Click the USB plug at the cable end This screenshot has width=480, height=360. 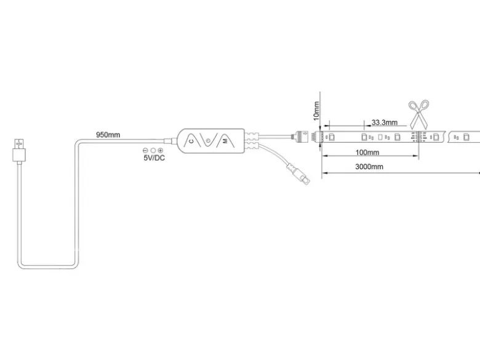pyautogui.click(x=19, y=151)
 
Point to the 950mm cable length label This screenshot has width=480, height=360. pyautogui.click(x=108, y=135)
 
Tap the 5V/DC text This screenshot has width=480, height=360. pyautogui.click(x=154, y=158)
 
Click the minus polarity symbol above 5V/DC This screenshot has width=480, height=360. pyautogui.click(x=145, y=150)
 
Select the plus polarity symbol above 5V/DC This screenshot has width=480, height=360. pyautogui.click(x=160, y=150)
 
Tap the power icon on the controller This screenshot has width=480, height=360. pyautogui.click(x=208, y=141)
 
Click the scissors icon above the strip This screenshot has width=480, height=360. pyautogui.click(x=419, y=114)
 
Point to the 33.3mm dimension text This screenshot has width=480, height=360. pyautogui.click(x=385, y=122)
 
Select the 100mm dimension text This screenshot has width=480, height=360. pyautogui.click(x=367, y=152)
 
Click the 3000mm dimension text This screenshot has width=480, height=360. pyautogui.click(x=369, y=167)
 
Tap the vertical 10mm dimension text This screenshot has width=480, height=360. pyautogui.click(x=316, y=111)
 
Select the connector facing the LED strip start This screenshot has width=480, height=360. pyautogui.click(x=302, y=135)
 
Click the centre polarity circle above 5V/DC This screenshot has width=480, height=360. pyautogui.click(x=153, y=150)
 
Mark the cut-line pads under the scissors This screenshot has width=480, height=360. pyautogui.click(x=417, y=137)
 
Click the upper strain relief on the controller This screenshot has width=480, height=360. pyautogui.click(x=252, y=136)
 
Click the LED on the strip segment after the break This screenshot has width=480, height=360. pyautogui.click(x=466, y=137)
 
